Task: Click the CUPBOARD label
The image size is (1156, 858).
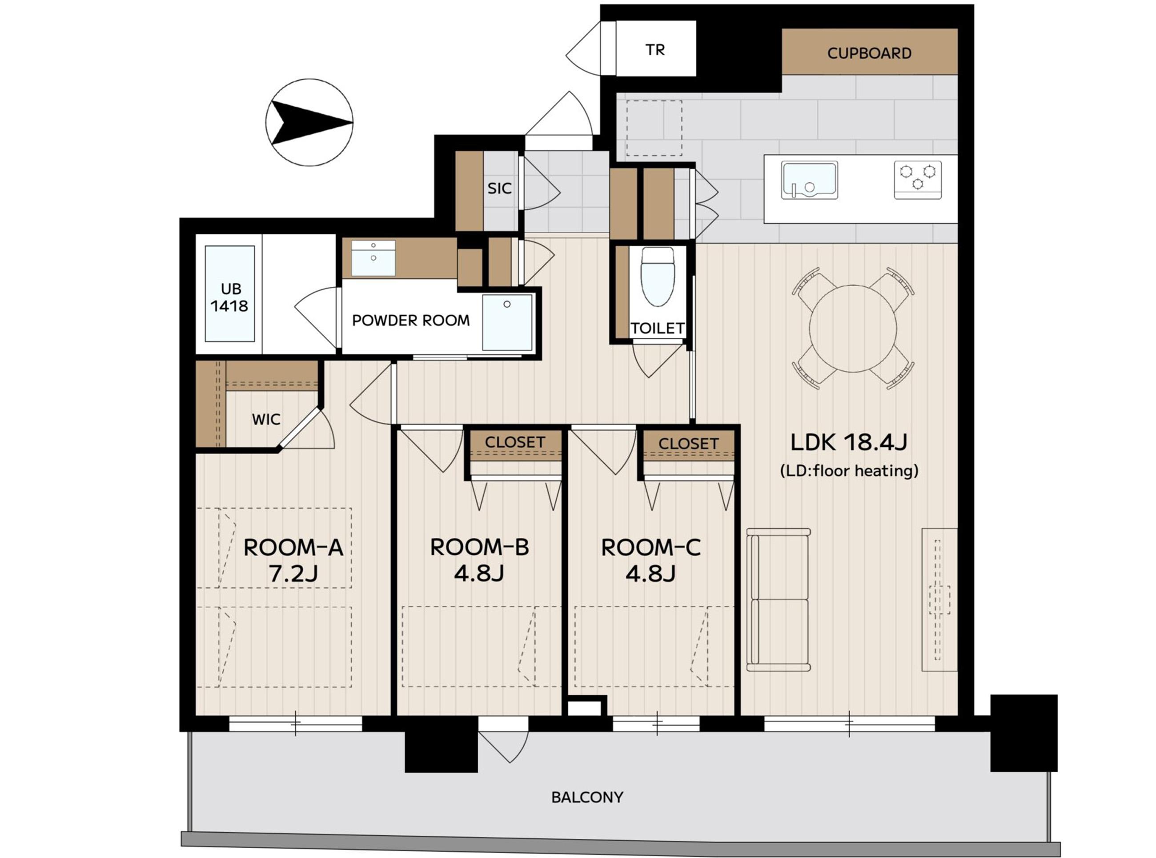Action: (869, 53)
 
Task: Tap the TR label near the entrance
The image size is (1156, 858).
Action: (655, 50)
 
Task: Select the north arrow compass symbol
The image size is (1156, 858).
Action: (309, 123)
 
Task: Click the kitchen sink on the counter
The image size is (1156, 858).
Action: (810, 180)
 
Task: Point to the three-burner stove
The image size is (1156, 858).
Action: (918, 180)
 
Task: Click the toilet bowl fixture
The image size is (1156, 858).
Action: (658, 277)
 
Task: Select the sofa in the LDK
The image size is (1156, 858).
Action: (778, 600)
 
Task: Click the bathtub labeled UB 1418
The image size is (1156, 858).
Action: (229, 294)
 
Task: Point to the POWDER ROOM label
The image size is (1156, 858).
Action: (411, 321)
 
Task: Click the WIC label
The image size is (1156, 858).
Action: (266, 419)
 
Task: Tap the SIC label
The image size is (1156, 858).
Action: (500, 188)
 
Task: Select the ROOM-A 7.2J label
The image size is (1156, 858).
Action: (293, 561)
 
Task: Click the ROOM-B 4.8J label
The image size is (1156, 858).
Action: (479, 561)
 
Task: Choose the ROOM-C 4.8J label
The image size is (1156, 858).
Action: (651, 561)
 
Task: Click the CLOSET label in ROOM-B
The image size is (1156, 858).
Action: (515, 442)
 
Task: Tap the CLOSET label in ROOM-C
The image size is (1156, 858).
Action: (688, 444)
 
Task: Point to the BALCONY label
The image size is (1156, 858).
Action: (587, 797)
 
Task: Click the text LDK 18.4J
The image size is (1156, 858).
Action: (849, 442)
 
